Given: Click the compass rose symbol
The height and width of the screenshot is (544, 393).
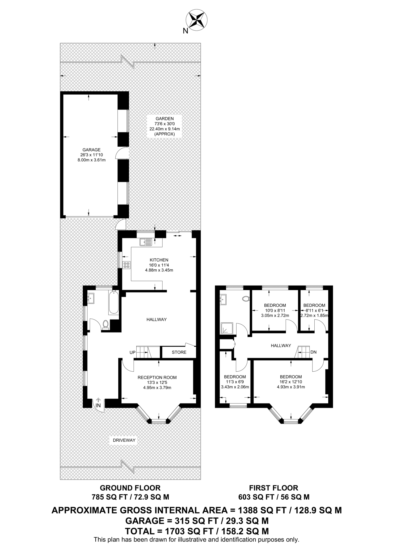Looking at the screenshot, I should click(196, 19).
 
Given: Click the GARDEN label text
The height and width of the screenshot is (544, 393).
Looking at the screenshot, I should click(165, 119).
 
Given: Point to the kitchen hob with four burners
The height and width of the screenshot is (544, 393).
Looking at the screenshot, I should click(126, 265).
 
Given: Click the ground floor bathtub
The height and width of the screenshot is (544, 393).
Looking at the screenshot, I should click(113, 302).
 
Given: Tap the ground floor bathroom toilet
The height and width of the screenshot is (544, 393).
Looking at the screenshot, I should click(105, 325).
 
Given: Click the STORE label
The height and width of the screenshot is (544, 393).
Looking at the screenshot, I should click(179, 352).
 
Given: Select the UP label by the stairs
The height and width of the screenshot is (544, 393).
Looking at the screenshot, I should click(132, 352).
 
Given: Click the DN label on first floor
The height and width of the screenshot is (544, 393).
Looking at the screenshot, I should click(314, 352).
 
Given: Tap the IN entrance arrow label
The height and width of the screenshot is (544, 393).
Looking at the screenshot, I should click(98, 405).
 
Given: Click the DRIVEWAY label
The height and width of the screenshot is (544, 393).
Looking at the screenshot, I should click(124, 440).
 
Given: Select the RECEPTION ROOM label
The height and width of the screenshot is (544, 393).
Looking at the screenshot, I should click(157, 377).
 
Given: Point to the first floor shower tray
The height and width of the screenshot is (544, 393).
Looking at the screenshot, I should click(227, 329).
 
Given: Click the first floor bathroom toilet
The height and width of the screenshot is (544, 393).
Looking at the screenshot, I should click(246, 299).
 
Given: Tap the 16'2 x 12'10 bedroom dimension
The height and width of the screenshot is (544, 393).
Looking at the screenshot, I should click(291, 382).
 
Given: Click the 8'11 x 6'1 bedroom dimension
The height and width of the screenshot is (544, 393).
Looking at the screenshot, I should click(314, 310).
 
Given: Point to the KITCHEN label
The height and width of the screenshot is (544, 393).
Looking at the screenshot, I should click(159, 260).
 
